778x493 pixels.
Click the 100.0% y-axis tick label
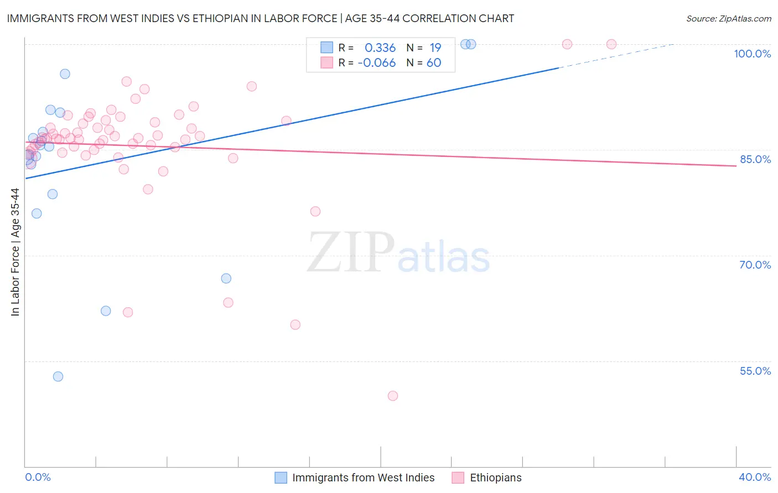point(752,54)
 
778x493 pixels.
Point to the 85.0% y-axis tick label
point(755,159)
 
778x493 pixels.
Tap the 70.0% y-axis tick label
point(755,265)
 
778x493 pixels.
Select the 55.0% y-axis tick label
point(755,371)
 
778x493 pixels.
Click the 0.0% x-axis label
point(38,477)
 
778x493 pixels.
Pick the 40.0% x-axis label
point(755,477)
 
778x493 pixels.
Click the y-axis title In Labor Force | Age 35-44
point(15,252)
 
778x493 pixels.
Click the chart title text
point(260,18)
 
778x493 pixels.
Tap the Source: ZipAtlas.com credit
point(728,18)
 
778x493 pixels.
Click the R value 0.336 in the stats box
point(380,48)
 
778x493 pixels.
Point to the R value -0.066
point(377,63)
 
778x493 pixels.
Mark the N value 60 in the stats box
point(434,63)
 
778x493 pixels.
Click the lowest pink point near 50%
point(393,396)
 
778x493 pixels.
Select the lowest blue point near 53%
point(58,376)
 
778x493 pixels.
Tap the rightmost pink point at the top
point(611,44)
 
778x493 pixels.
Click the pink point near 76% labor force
point(315,211)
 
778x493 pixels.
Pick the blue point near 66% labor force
point(226,278)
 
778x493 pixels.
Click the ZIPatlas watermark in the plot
point(398,253)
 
